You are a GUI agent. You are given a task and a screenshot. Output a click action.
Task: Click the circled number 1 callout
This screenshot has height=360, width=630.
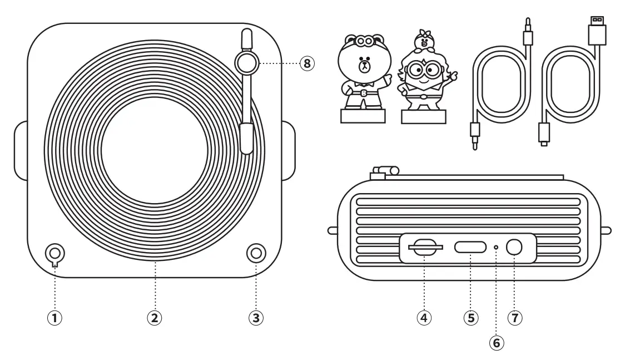coord(55,318)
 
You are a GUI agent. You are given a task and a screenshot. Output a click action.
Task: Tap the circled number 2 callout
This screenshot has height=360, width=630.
coord(155,318)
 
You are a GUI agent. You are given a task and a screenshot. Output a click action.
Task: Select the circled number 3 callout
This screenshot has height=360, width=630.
coord(255,318)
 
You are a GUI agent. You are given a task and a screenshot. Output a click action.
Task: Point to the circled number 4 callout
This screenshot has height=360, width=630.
coord(425,318)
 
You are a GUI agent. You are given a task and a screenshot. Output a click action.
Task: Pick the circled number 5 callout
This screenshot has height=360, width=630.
coord(470,318)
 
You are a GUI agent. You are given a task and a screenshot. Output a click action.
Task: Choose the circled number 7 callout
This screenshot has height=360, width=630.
coord(514,318)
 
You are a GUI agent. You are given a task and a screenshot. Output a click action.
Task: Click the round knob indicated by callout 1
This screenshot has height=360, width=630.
coord(55,253)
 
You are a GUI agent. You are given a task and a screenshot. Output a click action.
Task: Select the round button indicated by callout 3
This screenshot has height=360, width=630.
coord(255,253)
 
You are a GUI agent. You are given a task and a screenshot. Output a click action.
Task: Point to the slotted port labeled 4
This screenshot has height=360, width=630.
coord(425,246)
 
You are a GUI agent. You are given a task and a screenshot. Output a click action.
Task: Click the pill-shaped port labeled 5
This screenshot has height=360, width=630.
coord(470,247)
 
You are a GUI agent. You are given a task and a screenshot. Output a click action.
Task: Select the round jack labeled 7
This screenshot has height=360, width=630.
coord(514,247)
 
